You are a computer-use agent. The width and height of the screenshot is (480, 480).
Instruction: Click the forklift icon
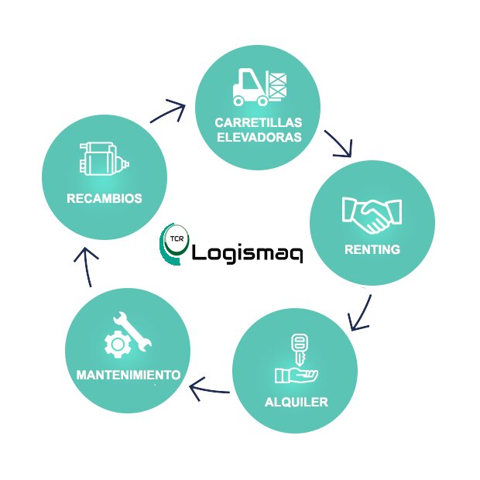tap(259, 86)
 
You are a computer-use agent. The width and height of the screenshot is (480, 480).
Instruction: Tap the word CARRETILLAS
tap(259, 123)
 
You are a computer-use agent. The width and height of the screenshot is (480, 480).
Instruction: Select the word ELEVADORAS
tap(259, 139)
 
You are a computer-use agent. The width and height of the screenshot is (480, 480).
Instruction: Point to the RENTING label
tap(372, 249)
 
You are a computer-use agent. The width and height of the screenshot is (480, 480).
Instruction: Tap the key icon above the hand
tap(297, 348)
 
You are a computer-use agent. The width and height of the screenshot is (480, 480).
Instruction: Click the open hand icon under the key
tap(296, 375)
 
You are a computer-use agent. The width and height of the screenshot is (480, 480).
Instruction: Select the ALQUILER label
tap(296, 402)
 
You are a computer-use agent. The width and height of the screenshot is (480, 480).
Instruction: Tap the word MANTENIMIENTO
tap(129, 375)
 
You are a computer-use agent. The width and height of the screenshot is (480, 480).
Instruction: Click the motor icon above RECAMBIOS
tap(103, 161)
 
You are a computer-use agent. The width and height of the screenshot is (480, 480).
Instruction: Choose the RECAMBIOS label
tap(105, 198)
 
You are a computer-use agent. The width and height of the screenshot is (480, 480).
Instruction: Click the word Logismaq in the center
tap(246, 252)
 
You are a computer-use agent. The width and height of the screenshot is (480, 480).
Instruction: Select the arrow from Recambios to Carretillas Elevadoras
tap(168, 112)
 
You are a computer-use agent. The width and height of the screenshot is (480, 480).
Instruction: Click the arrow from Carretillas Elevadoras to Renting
tap(338, 143)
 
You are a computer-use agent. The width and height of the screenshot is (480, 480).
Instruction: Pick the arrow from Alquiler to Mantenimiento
tap(209, 387)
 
